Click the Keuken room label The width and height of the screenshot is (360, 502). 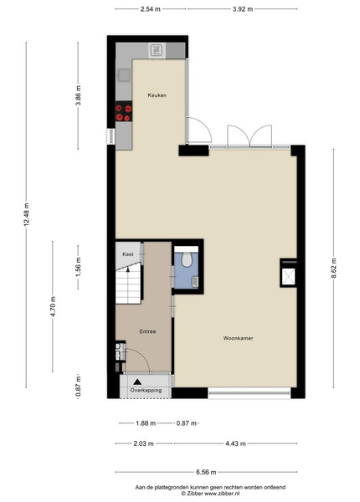[x=157, y=95]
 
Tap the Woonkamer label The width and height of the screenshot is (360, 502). [x=238, y=338]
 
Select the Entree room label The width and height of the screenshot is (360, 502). [x=147, y=331]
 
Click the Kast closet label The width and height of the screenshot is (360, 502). [x=128, y=254]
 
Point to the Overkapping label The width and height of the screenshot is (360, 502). [x=146, y=390]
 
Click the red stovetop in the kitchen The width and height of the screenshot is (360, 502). [x=124, y=112]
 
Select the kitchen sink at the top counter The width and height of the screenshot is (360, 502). [x=157, y=50]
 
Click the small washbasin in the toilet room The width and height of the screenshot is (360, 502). [x=195, y=281]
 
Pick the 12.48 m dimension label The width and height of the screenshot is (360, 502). [x=26, y=214]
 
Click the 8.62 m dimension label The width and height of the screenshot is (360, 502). [x=333, y=269]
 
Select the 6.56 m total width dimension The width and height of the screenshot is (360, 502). [x=206, y=472]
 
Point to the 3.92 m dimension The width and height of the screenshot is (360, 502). [x=243, y=9]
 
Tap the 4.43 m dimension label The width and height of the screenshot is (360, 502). [x=236, y=443]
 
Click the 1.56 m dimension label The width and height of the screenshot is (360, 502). [x=79, y=267]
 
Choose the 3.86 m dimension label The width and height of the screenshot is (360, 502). [x=79, y=95]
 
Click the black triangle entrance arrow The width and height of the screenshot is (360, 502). [x=137, y=382]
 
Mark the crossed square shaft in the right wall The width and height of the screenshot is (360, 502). [x=288, y=277]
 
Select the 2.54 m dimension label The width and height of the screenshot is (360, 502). [x=151, y=9]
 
